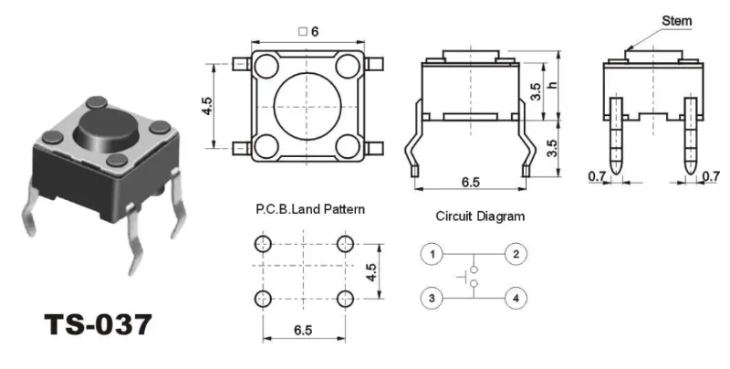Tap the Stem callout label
676,20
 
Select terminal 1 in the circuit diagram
433,253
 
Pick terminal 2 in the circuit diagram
516,253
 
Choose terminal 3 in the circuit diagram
433,297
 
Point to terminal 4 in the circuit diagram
516,297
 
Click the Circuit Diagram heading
480,217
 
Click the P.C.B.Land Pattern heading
310,209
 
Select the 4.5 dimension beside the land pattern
371,272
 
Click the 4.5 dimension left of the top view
207,105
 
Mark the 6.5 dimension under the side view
470,183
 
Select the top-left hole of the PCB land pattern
264,244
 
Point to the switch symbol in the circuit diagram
472,275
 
